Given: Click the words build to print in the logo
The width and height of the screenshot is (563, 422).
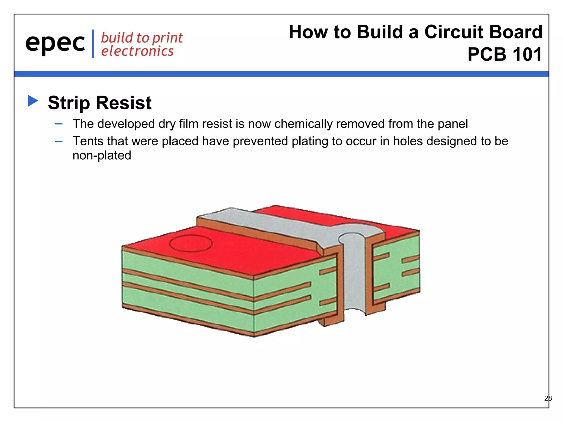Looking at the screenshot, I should [142, 38].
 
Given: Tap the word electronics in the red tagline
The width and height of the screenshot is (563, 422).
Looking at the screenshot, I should [137, 51].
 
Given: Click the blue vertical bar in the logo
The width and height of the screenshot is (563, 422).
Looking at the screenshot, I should [93, 44].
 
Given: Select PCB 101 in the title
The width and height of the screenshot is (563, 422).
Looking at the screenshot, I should [504, 54].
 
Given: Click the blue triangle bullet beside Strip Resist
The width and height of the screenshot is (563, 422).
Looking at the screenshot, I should [33, 101].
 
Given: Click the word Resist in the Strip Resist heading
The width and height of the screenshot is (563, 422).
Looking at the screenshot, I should [124, 103].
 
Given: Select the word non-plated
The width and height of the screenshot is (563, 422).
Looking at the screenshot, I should [102, 156].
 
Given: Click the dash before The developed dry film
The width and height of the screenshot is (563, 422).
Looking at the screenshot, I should [59, 124].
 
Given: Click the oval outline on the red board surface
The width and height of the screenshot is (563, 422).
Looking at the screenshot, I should [191, 243].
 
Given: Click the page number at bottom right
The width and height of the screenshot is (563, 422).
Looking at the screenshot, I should [548, 398].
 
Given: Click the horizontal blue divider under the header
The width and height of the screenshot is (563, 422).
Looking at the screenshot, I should [281, 74].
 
